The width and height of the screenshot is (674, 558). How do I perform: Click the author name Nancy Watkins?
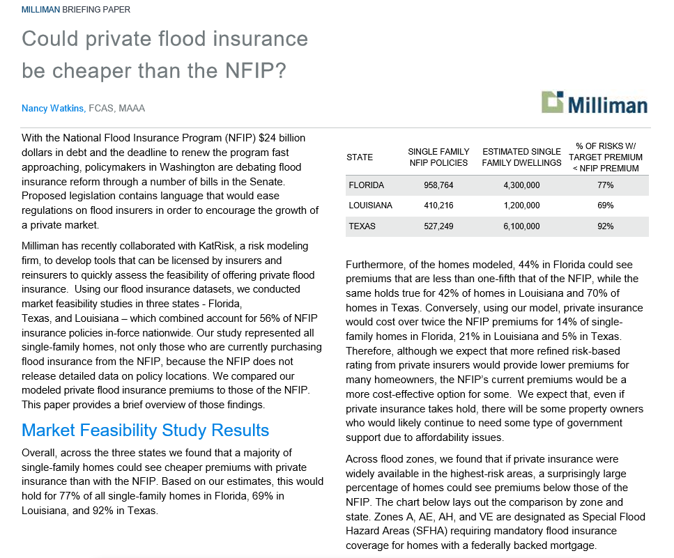tap(53, 109)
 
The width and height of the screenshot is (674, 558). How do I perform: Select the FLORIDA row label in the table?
tap(365, 185)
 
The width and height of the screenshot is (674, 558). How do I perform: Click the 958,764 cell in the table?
tap(438, 185)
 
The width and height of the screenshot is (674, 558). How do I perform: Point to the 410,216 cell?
tap(438, 206)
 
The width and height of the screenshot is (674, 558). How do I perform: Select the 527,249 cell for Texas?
tap(438, 226)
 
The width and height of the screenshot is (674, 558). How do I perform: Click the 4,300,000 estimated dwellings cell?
tap(521, 185)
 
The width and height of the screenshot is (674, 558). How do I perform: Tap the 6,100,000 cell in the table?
tap(521, 226)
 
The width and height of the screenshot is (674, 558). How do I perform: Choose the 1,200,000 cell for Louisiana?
tap(521, 206)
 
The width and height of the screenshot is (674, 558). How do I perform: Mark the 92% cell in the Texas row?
tap(605, 226)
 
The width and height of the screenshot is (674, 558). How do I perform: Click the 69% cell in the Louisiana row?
tap(605, 206)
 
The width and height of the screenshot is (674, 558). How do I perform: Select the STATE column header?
tap(360, 157)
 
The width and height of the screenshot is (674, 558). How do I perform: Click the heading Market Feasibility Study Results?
tap(145, 430)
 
